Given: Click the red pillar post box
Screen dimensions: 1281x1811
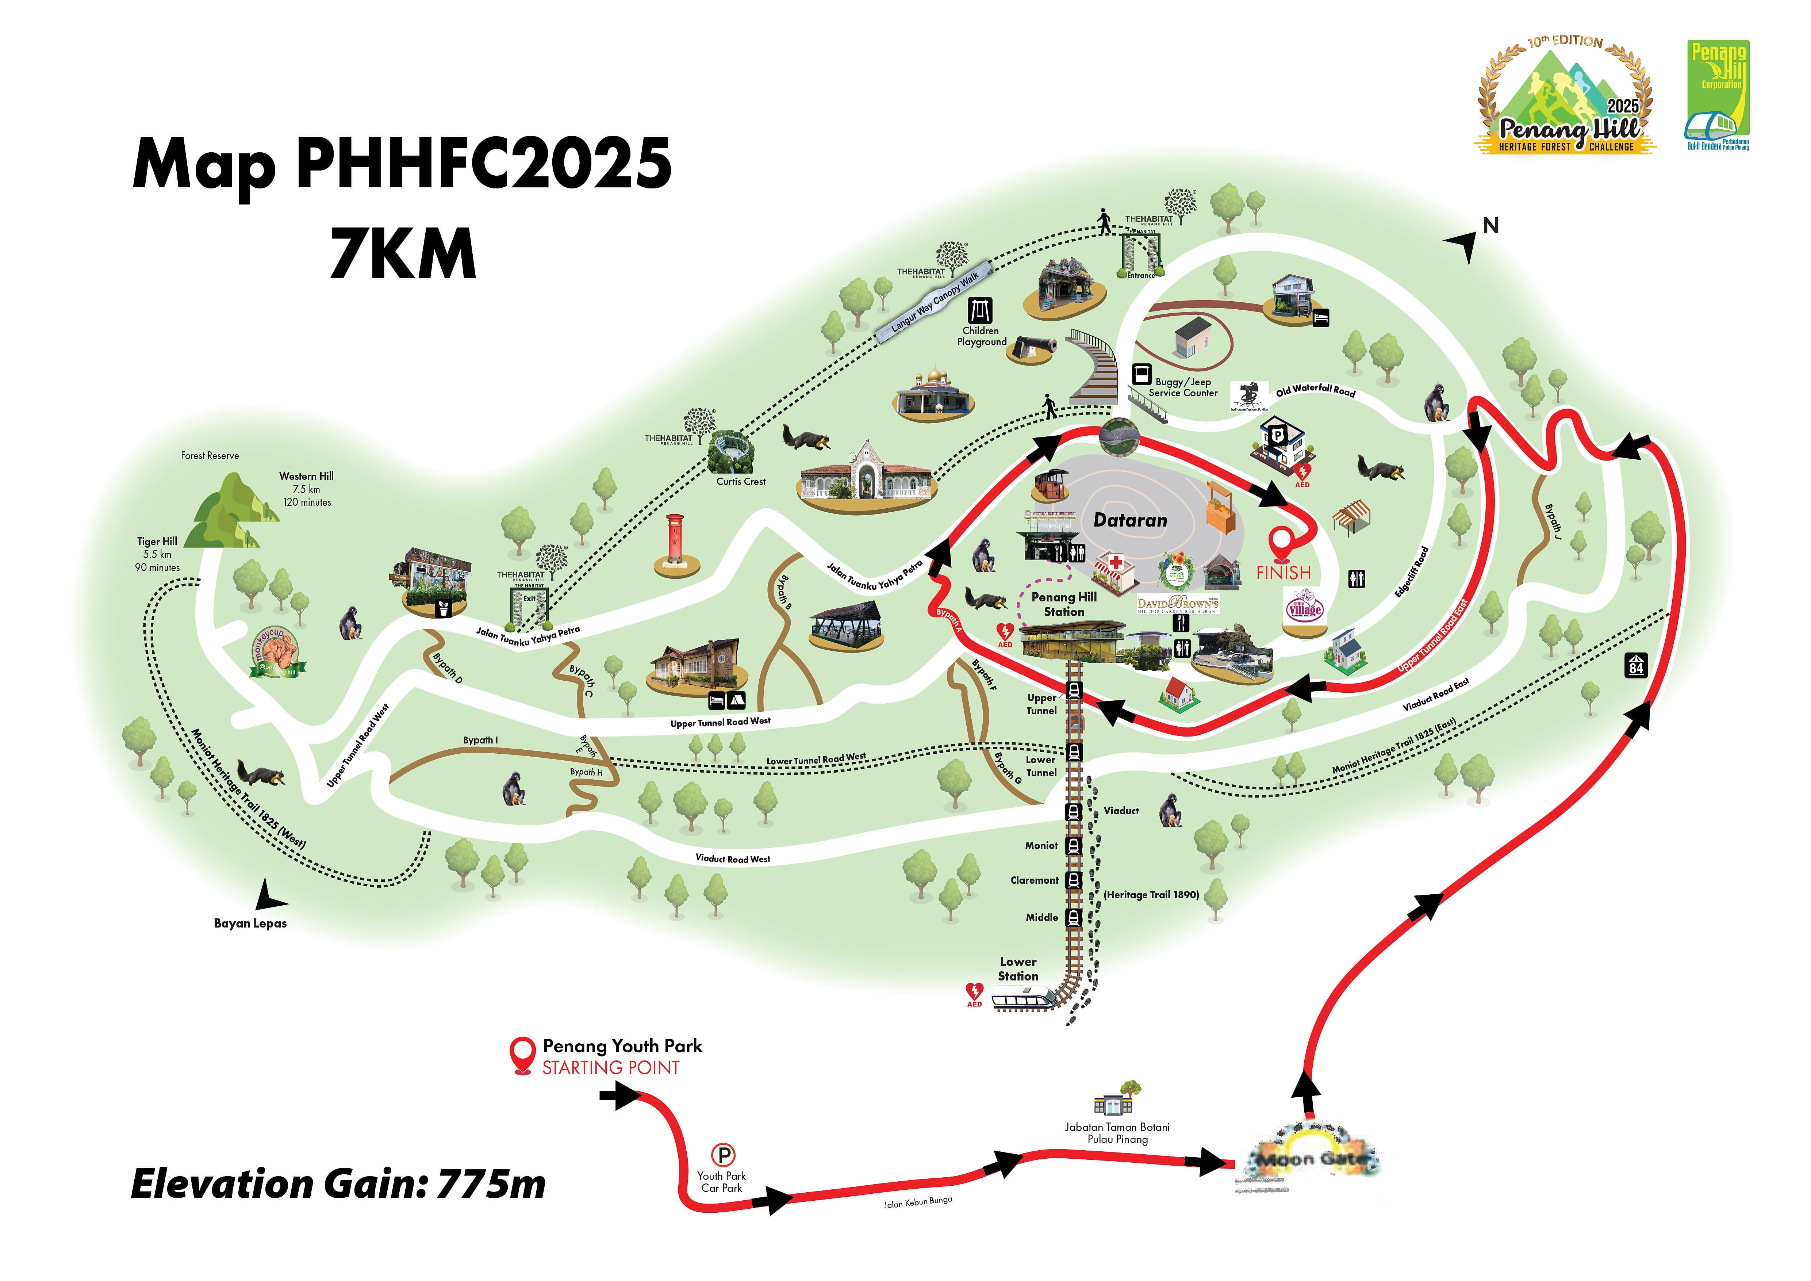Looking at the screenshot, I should (676, 540).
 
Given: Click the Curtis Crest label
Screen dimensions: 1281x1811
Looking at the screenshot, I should (741, 481).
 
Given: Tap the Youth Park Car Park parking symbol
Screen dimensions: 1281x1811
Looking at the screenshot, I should (722, 1156).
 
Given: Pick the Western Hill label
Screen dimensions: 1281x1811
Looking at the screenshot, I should (306, 476).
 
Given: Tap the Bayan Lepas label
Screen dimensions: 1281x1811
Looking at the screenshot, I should (250, 923).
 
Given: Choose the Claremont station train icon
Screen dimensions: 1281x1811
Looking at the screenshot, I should (1074, 880).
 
